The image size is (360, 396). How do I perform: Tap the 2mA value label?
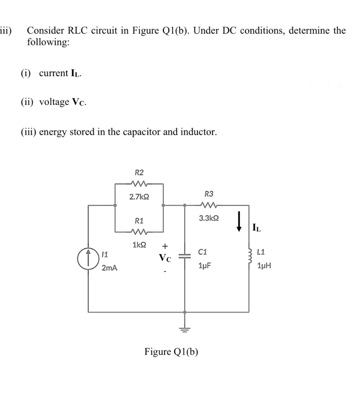pos(110,268)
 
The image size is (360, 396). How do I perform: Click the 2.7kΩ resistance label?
pos(138,197)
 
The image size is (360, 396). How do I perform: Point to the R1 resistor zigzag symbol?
pos(138,233)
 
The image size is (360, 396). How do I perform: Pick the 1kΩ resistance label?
pos(139,245)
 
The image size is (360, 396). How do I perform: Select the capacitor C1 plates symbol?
pos(184,256)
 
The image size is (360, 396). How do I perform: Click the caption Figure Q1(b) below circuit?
pos(171,352)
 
